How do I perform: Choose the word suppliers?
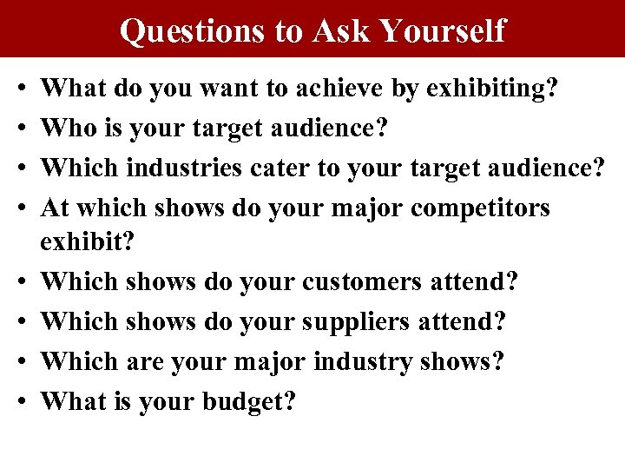pyautogui.click(x=355, y=321)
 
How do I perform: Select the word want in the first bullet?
pyautogui.click(x=203, y=88)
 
